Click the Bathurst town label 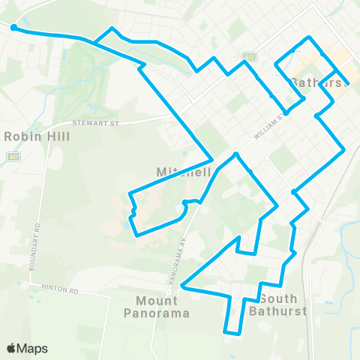[x=319, y=82]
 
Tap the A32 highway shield [x=249, y=56]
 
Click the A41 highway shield [x=13, y=157]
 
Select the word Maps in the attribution [x=33, y=348]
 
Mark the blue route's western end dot [x=14, y=28]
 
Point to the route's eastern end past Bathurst [x=347, y=84]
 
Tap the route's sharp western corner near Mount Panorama [x=184, y=286]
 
